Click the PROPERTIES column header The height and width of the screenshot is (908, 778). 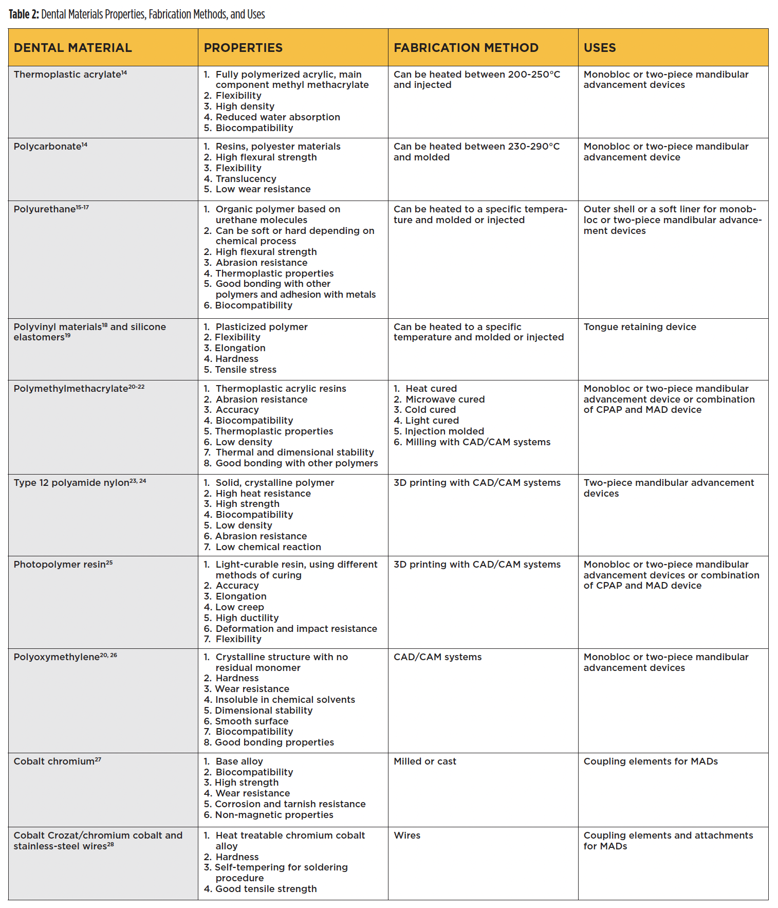[x=243, y=48]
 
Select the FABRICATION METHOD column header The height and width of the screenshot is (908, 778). [x=466, y=48]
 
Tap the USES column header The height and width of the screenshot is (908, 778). [x=599, y=48]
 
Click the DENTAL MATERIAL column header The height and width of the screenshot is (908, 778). [x=72, y=48]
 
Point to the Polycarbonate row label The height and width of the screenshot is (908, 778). [x=47, y=147]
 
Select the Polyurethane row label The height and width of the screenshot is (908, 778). [x=45, y=209]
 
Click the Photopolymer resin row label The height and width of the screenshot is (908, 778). [x=60, y=565]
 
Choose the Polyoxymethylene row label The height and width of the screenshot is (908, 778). [x=57, y=657]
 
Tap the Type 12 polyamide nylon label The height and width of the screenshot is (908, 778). [x=71, y=483]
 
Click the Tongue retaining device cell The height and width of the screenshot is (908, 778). [x=640, y=327]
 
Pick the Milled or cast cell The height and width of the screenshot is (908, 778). [x=424, y=761]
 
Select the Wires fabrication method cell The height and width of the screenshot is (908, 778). [x=407, y=836]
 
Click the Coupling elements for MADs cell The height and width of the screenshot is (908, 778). [x=651, y=761]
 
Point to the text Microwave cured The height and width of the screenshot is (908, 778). [x=444, y=399]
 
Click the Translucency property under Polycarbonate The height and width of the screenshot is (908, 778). [x=246, y=179]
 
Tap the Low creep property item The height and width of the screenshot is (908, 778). [x=239, y=607]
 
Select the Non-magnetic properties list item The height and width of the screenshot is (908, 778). [x=274, y=815]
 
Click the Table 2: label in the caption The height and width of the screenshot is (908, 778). [x=24, y=14]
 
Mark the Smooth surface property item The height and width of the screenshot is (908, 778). [x=251, y=721]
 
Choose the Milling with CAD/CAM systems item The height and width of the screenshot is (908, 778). [x=477, y=442]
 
